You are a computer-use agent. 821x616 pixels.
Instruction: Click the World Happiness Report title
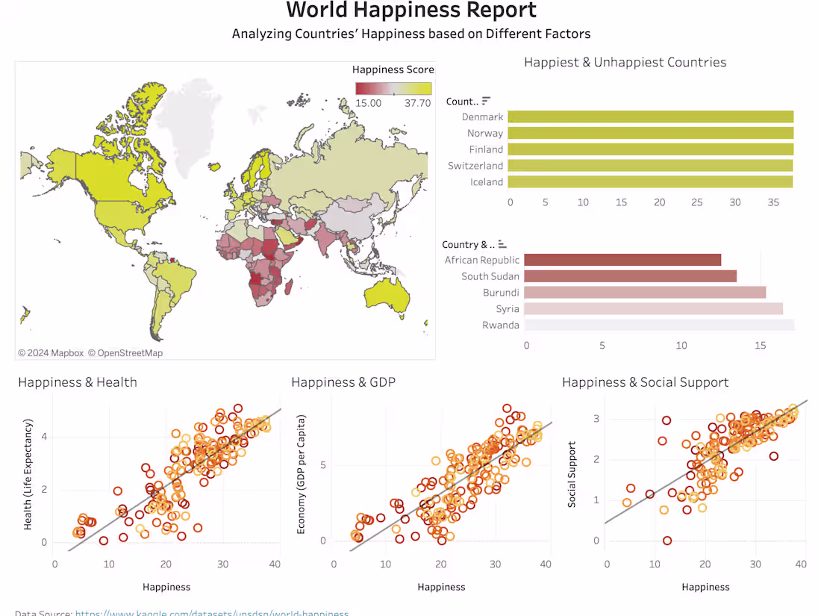[x=411, y=10]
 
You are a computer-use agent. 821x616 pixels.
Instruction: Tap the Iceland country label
[x=487, y=182]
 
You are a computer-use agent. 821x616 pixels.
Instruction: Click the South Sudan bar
[x=630, y=276]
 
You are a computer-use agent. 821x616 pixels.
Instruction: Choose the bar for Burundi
[x=645, y=293]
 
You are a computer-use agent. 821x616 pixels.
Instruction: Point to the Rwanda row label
[x=501, y=326]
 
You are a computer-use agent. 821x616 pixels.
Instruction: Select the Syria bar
[x=653, y=309]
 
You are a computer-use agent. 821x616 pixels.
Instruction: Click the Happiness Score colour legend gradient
[x=393, y=88]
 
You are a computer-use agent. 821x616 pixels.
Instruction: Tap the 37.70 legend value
[x=417, y=103]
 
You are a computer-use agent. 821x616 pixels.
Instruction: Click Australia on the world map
[x=384, y=296]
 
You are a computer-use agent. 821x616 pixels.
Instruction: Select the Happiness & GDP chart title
[x=343, y=382]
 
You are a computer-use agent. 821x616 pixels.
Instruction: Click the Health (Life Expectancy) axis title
[x=28, y=474]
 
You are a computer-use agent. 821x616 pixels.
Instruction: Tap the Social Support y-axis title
[x=572, y=475]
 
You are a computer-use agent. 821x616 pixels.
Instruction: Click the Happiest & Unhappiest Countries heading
[x=625, y=62]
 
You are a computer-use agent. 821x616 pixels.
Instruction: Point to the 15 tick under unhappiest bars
[x=761, y=346]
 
